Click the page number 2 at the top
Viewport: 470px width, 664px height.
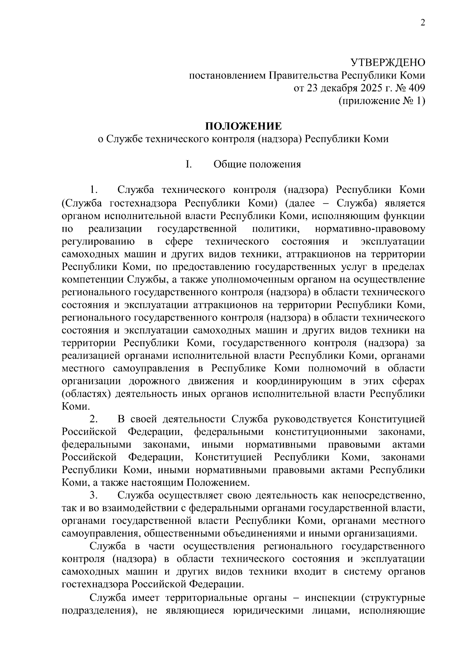[x=423, y=23]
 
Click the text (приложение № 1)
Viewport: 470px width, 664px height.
[x=381, y=101]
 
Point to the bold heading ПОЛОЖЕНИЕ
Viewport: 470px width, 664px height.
[x=243, y=126]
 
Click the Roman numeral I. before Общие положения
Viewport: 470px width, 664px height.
[x=188, y=164]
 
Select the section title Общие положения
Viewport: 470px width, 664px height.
[x=257, y=164]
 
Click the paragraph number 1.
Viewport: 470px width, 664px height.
[x=93, y=190]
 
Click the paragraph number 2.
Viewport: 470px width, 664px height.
[x=93, y=419]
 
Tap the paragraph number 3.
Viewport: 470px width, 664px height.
[x=93, y=496]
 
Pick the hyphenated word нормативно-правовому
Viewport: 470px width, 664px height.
[x=370, y=229]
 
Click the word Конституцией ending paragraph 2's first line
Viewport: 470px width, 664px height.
[x=391, y=419]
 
